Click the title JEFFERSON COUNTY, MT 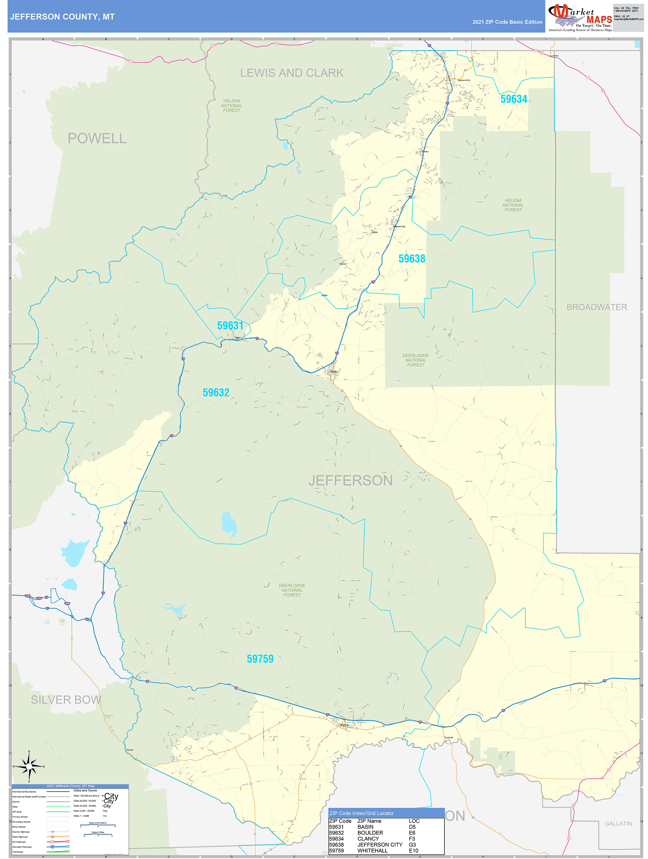(x=62, y=17)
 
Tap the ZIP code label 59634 (x=514, y=99)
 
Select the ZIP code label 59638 (x=412, y=259)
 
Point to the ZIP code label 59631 (x=230, y=325)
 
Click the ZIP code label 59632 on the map (x=216, y=392)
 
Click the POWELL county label (x=97, y=138)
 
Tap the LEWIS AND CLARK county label (x=292, y=73)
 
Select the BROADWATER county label (x=597, y=307)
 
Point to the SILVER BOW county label (x=66, y=700)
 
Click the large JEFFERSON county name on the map (x=350, y=480)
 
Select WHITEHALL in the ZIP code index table (x=372, y=850)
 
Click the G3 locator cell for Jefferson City (x=412, y=845)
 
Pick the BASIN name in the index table (x=365, y=827)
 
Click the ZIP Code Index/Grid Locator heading (x=361, y=813)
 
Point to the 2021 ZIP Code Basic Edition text (x=507, y=22)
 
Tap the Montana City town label (x=464, y=80)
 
